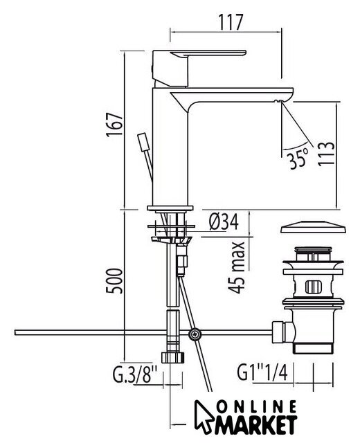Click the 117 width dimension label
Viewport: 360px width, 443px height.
pos(231,21)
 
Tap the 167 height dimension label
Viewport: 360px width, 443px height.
pos(114,125)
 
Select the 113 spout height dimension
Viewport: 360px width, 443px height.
pos(326,154)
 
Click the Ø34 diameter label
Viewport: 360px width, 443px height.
pos(224,221)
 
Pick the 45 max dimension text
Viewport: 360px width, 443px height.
pos(237,267)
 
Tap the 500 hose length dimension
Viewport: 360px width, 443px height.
pos(114,281)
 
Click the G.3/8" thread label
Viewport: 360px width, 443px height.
pos(134,374)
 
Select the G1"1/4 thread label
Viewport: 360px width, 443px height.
pos(262,372)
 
